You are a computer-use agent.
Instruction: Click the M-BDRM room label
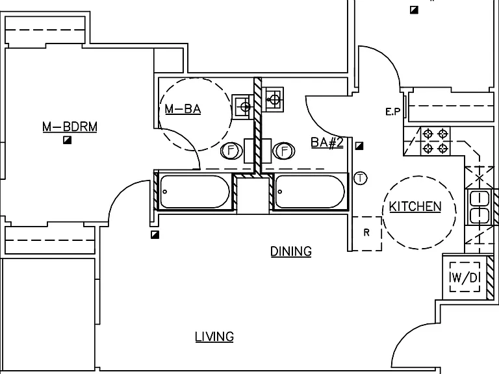click(70, 127)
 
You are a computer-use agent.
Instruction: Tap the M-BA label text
click(183, 109)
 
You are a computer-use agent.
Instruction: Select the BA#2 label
click(327, 142)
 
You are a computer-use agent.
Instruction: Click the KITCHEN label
click(415, 206)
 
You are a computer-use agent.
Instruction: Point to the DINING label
click(291, 251)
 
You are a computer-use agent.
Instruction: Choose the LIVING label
click(214, 336)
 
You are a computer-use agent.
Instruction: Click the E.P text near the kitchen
click(393, 112)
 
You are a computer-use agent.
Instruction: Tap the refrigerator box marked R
click(367, 234)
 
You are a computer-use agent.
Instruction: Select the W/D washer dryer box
click(465, 277)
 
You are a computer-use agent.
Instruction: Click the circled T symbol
click(360, 178)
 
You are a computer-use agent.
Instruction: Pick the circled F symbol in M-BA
click(231, 151)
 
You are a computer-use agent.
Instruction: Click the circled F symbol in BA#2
click(284, 151)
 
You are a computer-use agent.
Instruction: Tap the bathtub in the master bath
click(195, 192)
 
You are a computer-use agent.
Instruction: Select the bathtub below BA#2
click(311, 192)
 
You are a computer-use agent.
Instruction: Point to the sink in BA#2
click(273, 99)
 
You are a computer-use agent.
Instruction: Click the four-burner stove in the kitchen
click(435, 141)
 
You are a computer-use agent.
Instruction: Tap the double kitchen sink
click(480, 207)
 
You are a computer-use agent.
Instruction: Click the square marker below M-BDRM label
click(67, 140)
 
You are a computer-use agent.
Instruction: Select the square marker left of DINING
click(155, 234)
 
